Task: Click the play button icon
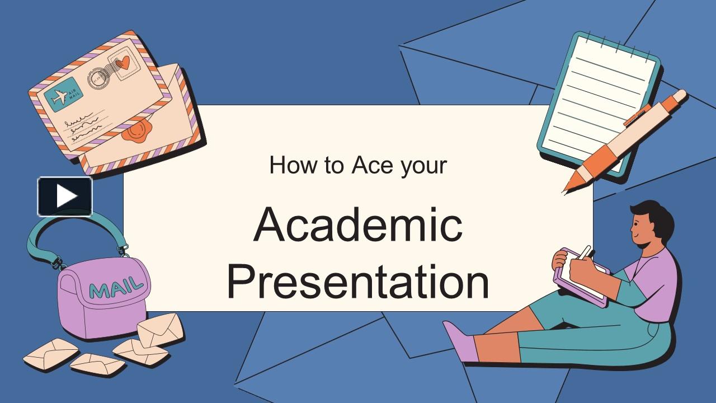[65, 196]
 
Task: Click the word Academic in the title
[358, 225]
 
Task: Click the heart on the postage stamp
[125, 62]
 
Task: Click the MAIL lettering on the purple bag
[116, 288]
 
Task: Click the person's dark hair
[654, 218]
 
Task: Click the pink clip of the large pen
[638, 115]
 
